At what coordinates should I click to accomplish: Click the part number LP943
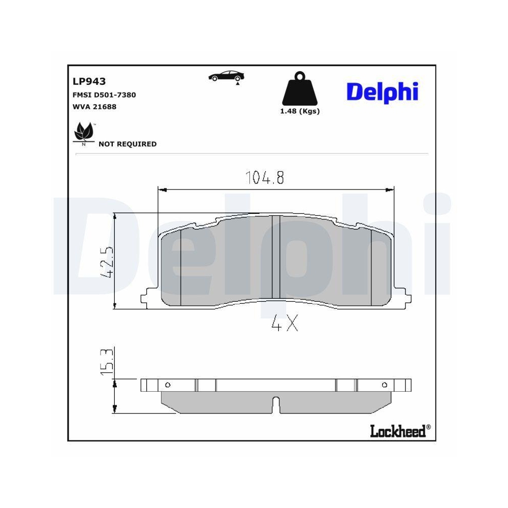click(x=89, y=81)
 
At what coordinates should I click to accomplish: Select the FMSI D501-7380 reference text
click(x=104, y=94)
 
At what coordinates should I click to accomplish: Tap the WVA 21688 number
click(x=95, y=107)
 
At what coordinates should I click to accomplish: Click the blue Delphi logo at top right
click(x=382, y=92)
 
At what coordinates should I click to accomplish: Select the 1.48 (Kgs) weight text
click(x=300, y=111)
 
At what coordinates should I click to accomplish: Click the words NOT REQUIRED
click(x=128, y=144)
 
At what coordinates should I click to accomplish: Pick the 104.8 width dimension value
click(x=265, y=178)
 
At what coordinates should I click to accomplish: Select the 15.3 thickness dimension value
click(x=107, y=362)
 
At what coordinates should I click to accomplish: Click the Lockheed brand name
click(x=397, y=431)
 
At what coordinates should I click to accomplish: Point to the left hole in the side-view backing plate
click(x=168, y=385)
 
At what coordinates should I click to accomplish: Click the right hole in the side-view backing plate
click(x=384, y=385)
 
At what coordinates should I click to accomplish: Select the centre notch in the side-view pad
click(x=276, y=403)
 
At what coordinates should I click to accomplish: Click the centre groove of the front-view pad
click(x=276, y=257)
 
